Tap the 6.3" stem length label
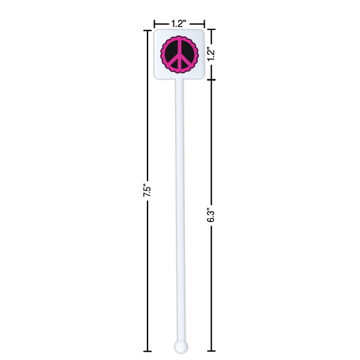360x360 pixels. pyautogui.click(x=210, y=215)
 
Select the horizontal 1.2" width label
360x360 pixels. pyautogui.click(x=178, y=23)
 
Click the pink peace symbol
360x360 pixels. pyautogui.click(x=178, y=55)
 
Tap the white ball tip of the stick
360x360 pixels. pyautogui.click(x=180, y=346)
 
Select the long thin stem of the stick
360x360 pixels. pyautogui.click(x=179, y=210)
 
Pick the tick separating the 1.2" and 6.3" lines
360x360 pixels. pyautogui.click(x=211, y=80)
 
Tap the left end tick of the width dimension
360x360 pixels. pyautogui.click(x=154, y=23)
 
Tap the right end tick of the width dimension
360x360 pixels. pyautogui.click(x=205, y=23)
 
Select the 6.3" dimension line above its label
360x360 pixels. pyautogui.click(x=211, y=144)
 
